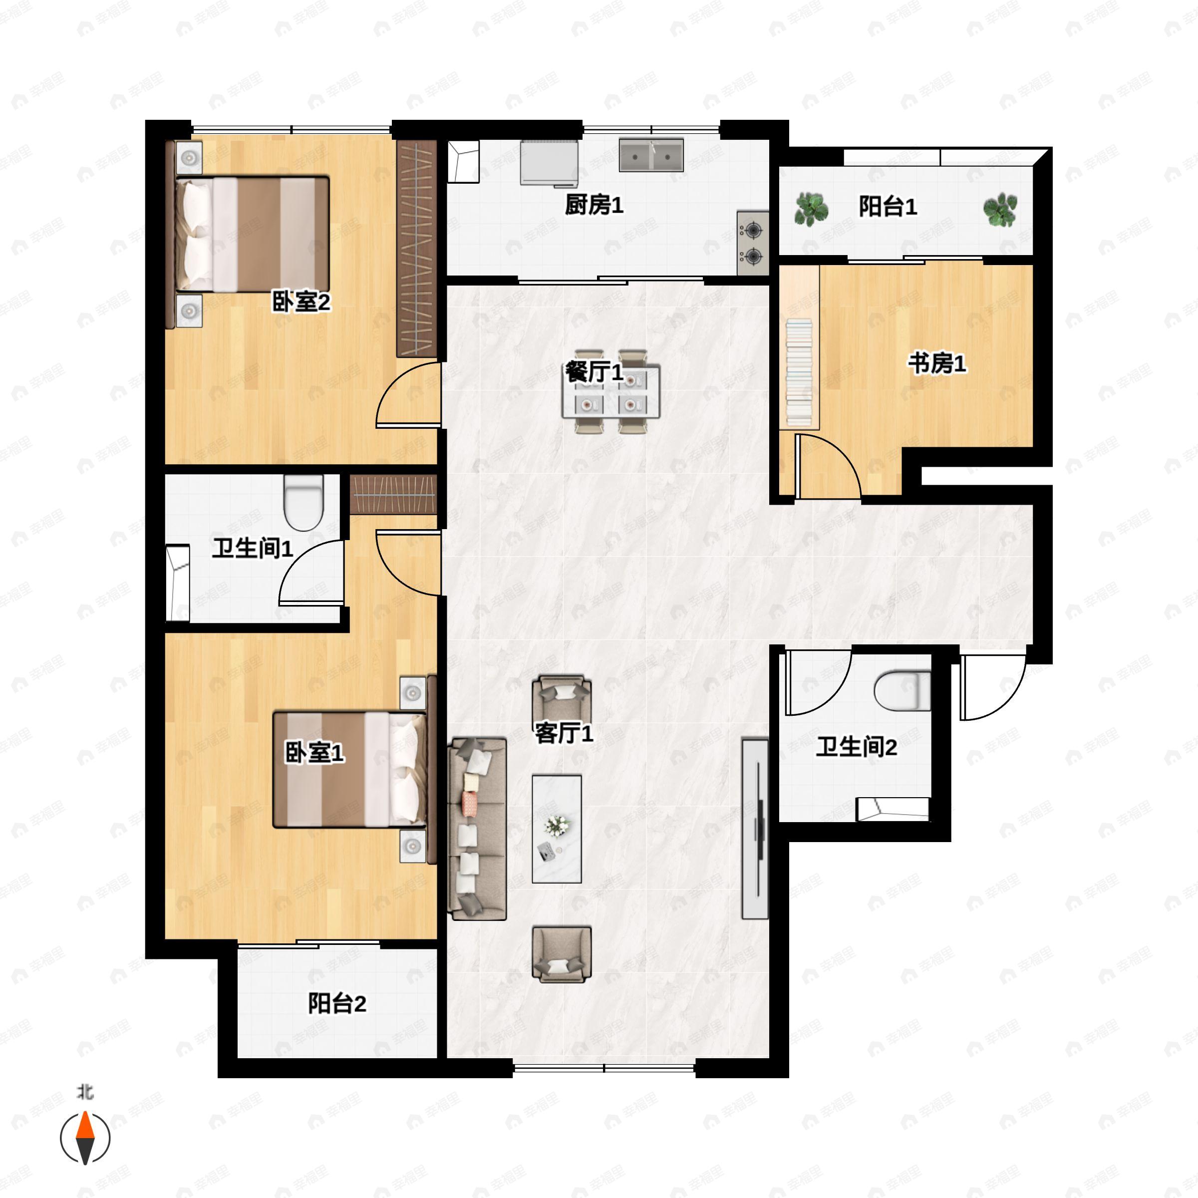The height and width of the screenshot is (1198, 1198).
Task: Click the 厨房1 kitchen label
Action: pyautogui.click(x=594, y=205)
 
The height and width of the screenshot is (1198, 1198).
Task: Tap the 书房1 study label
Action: pyautogui.click(x=937, y=363)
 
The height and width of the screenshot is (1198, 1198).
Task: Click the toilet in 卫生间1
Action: pyautogui.click(x=304, y=502)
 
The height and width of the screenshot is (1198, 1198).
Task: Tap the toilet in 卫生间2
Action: pyautogui.click(x=902, y=691)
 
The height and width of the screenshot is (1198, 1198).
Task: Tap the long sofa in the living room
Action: pyautogui.click(x=477, y=829)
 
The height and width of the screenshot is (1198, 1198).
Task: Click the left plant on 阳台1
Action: pyautogui.click(x=811, y=209)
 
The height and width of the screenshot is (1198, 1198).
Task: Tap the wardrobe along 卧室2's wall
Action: pyautogui.click(x=417, y=249)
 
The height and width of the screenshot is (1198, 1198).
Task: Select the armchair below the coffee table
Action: pyautogui.click(x=562, y=954)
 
